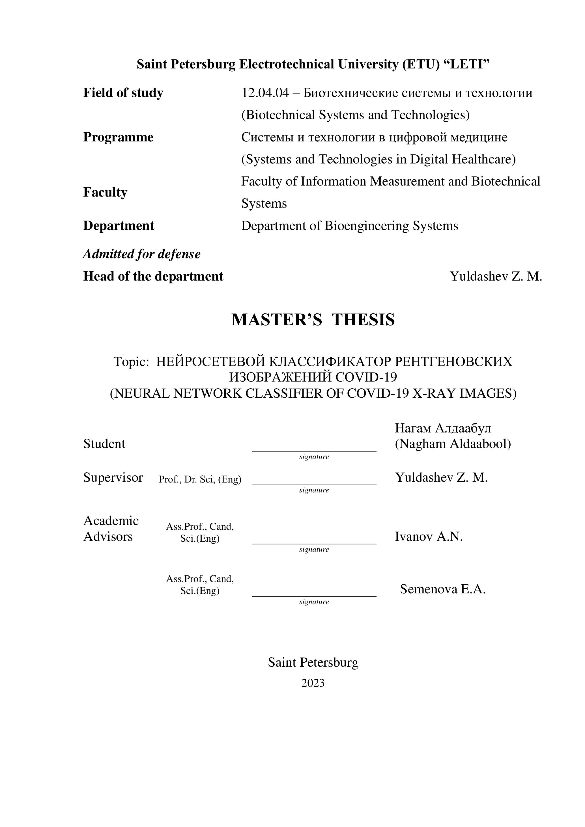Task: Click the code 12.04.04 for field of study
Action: (x=265, y=93)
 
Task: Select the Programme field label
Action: (x=118, y=137)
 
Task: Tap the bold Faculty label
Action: (x=105, y=192)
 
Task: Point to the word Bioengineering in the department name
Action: (x=367, y=226)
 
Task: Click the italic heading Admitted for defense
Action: (x=141, y=254)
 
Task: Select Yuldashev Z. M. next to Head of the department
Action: (x=496, y=276)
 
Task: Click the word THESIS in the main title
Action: (x=363, y=320)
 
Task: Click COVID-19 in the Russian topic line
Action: (x=366, y=377)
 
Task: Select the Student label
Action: (x=104, y=444)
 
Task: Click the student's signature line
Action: (x=314, y=450)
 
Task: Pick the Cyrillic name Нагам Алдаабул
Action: (x=443, y=428)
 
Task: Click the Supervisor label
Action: (x=113, y=478)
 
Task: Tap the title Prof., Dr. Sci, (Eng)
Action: (x=200, y=479)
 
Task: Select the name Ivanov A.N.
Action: (x=428, y=537)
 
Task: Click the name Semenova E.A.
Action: (x=442, y=589)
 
